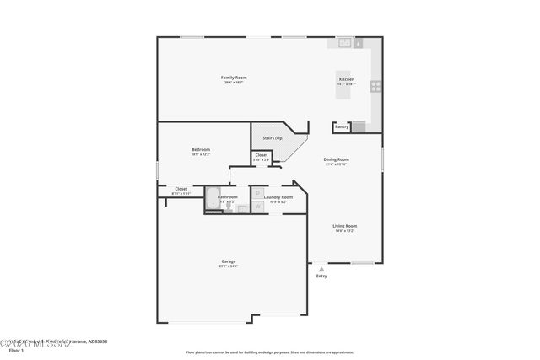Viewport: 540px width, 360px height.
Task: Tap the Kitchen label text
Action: [x=347, y=78]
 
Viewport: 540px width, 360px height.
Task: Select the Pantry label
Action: [x=341, y=126]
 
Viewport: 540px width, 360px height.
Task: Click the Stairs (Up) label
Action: [x=273, y=137]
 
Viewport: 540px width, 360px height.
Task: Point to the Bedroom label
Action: [x=200, y=149]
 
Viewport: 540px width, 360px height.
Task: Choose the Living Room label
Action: [x=344, y=226]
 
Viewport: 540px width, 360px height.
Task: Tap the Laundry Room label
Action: [x=278, y=197]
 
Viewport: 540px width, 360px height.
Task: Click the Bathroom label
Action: [x=228, y=197]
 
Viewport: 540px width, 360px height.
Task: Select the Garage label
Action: [x=229, y=261]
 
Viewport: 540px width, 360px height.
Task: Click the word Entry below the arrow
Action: [x=321, y=277]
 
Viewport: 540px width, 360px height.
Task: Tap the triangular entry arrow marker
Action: [x=321, y=269]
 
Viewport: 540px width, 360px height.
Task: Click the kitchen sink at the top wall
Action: [x=346, y=42]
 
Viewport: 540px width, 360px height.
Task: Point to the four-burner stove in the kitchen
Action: [x=375, y=85]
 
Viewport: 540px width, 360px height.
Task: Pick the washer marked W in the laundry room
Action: [x=259, y=206]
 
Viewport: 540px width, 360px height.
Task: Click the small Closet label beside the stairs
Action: [x=262, y=155]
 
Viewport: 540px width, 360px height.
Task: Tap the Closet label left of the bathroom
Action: [x=181, y=189]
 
